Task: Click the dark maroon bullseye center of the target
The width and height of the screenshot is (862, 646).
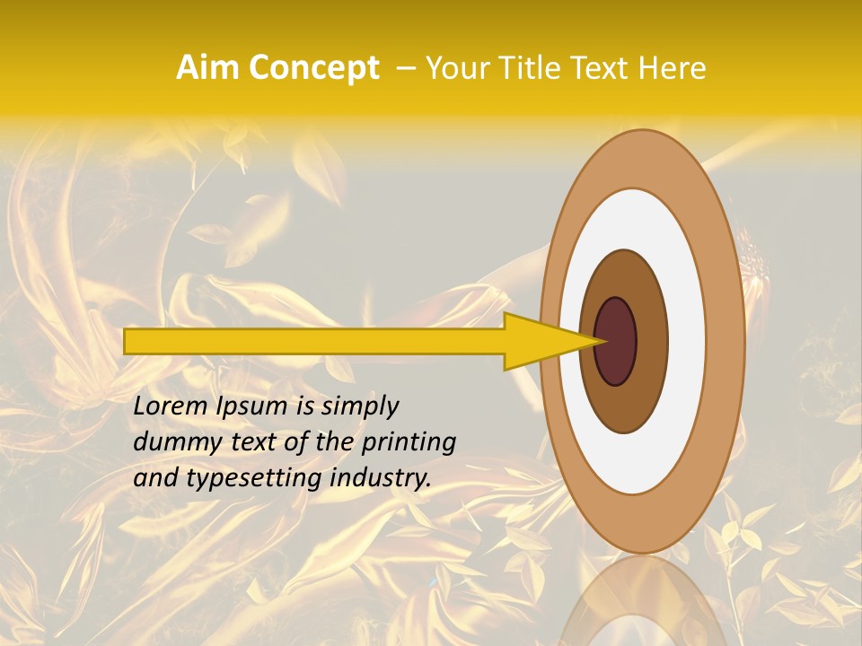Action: (x=615, y=342)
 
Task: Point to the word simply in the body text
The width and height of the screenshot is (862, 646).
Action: (x=359, y=407)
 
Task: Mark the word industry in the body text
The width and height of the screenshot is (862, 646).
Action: (x=381, y=478)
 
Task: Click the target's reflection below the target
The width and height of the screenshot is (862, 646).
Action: (x=642, y=601)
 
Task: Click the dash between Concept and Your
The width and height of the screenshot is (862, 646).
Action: (x=404, y=67)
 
